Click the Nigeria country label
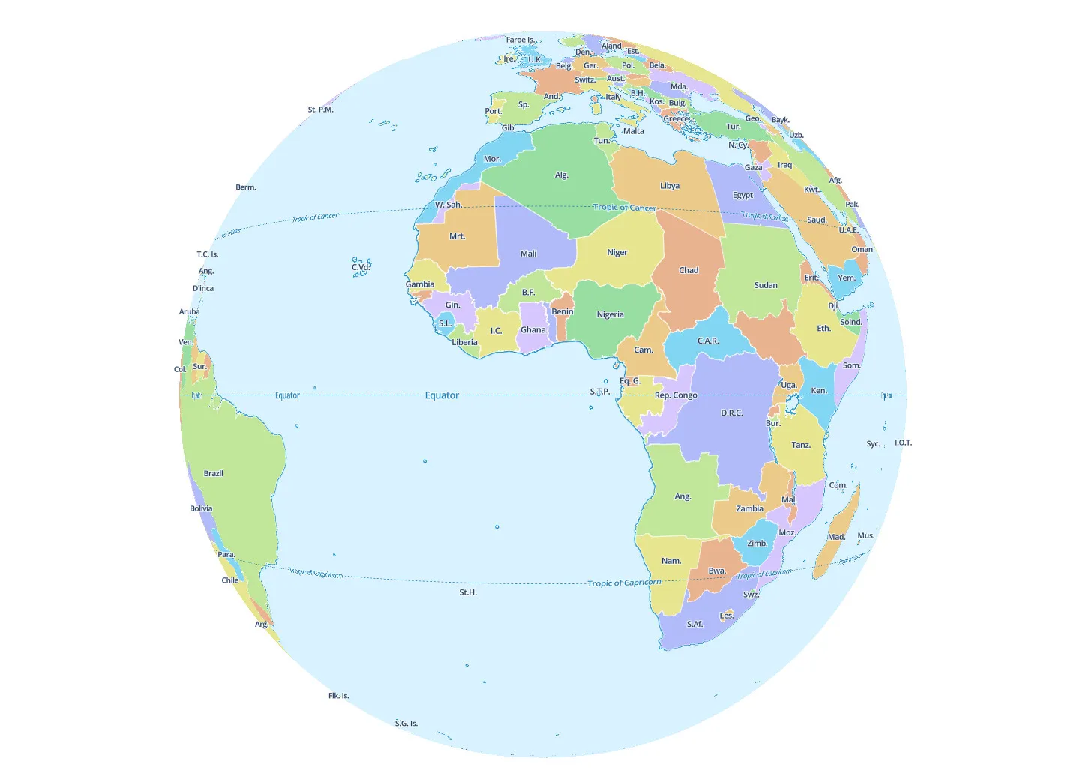610,315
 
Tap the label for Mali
528,253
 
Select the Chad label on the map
688,270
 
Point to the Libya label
670,186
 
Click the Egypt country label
742,196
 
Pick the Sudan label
766,285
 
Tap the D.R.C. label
731,413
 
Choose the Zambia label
749,508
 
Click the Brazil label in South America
214,473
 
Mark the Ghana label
532,330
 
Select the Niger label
616,253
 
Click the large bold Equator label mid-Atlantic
442,395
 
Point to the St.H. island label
468,592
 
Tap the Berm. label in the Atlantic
246,187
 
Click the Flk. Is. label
338,696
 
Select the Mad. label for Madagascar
836,537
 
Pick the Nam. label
671,561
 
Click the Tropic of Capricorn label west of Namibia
624,583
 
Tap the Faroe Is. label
520,40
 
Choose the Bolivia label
201,508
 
